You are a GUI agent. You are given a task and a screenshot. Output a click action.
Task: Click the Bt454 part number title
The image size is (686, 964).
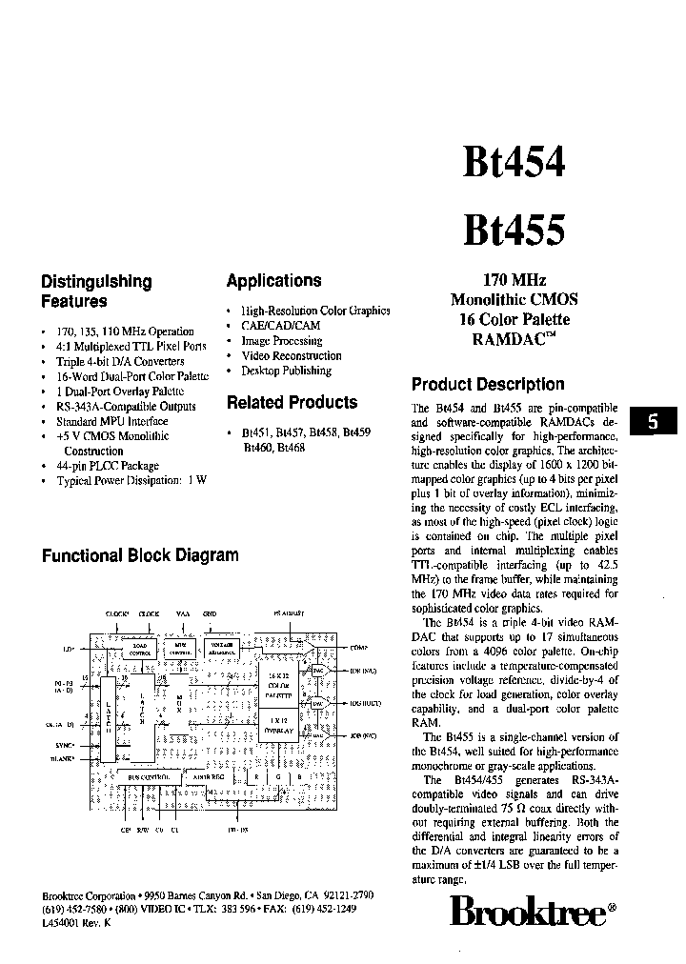tap(514, 163)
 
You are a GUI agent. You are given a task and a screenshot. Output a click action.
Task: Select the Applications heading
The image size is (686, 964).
tap(273, 281)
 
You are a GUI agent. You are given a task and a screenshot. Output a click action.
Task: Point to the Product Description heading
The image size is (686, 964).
tap(488, 385)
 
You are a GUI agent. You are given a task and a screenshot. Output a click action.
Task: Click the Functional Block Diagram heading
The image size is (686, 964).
tap(140, 555)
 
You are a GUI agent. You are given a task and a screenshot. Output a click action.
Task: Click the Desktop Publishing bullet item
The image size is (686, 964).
tap(286, 371)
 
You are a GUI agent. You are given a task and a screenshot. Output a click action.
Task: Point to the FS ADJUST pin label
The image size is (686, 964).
tap(288, 614)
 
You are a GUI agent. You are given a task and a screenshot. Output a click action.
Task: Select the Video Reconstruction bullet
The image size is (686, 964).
tap(292, 355)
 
